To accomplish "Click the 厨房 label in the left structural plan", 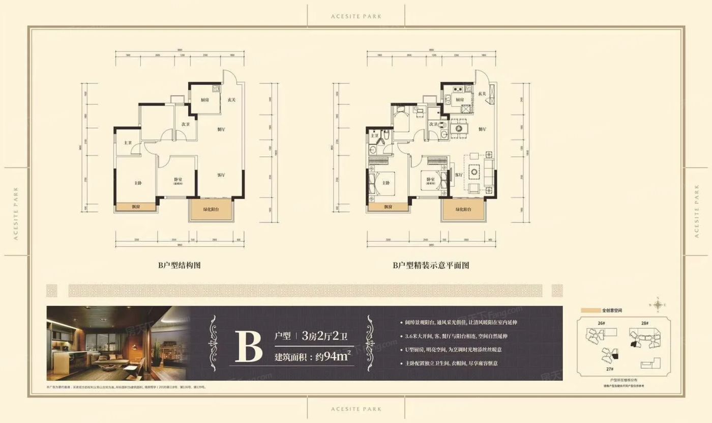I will coord(205,100).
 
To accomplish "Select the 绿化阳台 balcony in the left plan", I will coord(211,209).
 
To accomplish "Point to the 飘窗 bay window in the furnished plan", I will coord(388,207).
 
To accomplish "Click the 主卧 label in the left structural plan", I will coord(138,183).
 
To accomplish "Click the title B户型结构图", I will coord(180,265).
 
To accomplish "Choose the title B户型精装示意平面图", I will coord(430,265).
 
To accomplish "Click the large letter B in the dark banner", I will coord(248,346).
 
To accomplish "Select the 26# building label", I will coord(602,323).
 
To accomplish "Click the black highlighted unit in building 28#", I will coord(634,344).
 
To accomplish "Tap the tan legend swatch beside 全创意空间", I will coord(590,310).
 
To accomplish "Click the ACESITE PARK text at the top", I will coord(355,16).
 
